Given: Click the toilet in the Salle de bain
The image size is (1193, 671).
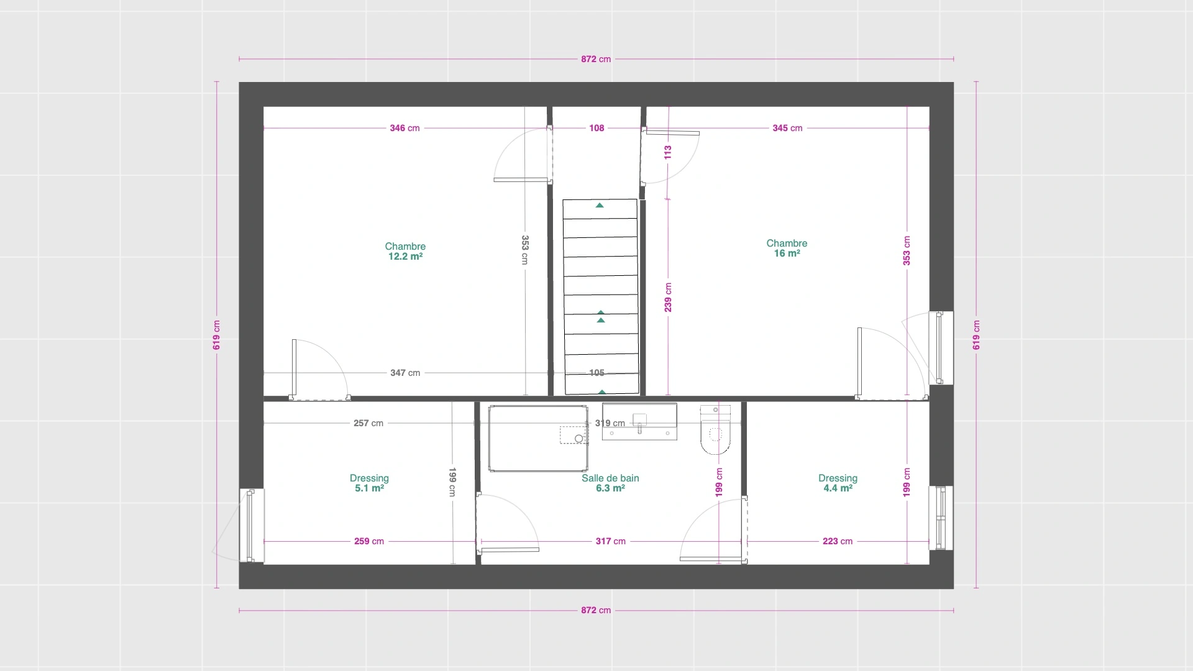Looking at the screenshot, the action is (715, 429).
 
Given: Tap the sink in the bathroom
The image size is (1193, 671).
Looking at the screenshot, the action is (639, 422).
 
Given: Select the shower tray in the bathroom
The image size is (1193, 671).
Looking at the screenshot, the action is (538, 439).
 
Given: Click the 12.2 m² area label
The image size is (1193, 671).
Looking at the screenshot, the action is (405, 257).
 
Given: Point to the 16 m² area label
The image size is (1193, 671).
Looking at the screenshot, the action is (787, 253).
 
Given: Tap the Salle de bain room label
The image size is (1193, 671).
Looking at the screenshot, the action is (610, 478).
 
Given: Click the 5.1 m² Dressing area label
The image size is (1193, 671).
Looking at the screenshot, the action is (369, 488).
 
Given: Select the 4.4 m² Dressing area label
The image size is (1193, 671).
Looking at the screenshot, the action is (838, 488).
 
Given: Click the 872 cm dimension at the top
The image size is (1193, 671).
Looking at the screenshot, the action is (596, 59).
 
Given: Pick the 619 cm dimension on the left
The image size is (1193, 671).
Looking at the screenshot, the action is (217, 335).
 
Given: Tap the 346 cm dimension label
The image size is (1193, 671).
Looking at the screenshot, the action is (405, 128).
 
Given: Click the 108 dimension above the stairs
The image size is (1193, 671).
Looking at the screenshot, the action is (596, 128).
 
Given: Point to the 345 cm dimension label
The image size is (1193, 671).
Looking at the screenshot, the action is (787, 128).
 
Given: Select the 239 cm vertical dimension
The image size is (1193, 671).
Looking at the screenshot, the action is (668, 297).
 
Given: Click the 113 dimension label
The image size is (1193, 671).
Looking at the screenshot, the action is (668, 152).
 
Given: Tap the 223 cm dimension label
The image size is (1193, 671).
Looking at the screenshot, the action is (838, 541).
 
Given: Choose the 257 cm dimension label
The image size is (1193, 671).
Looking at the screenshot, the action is (368, 423).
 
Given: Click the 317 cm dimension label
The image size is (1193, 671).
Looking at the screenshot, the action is (611, 541).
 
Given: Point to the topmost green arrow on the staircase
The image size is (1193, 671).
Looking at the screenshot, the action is (600, 205).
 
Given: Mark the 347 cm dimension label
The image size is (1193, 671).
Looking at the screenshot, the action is (405, 373).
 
